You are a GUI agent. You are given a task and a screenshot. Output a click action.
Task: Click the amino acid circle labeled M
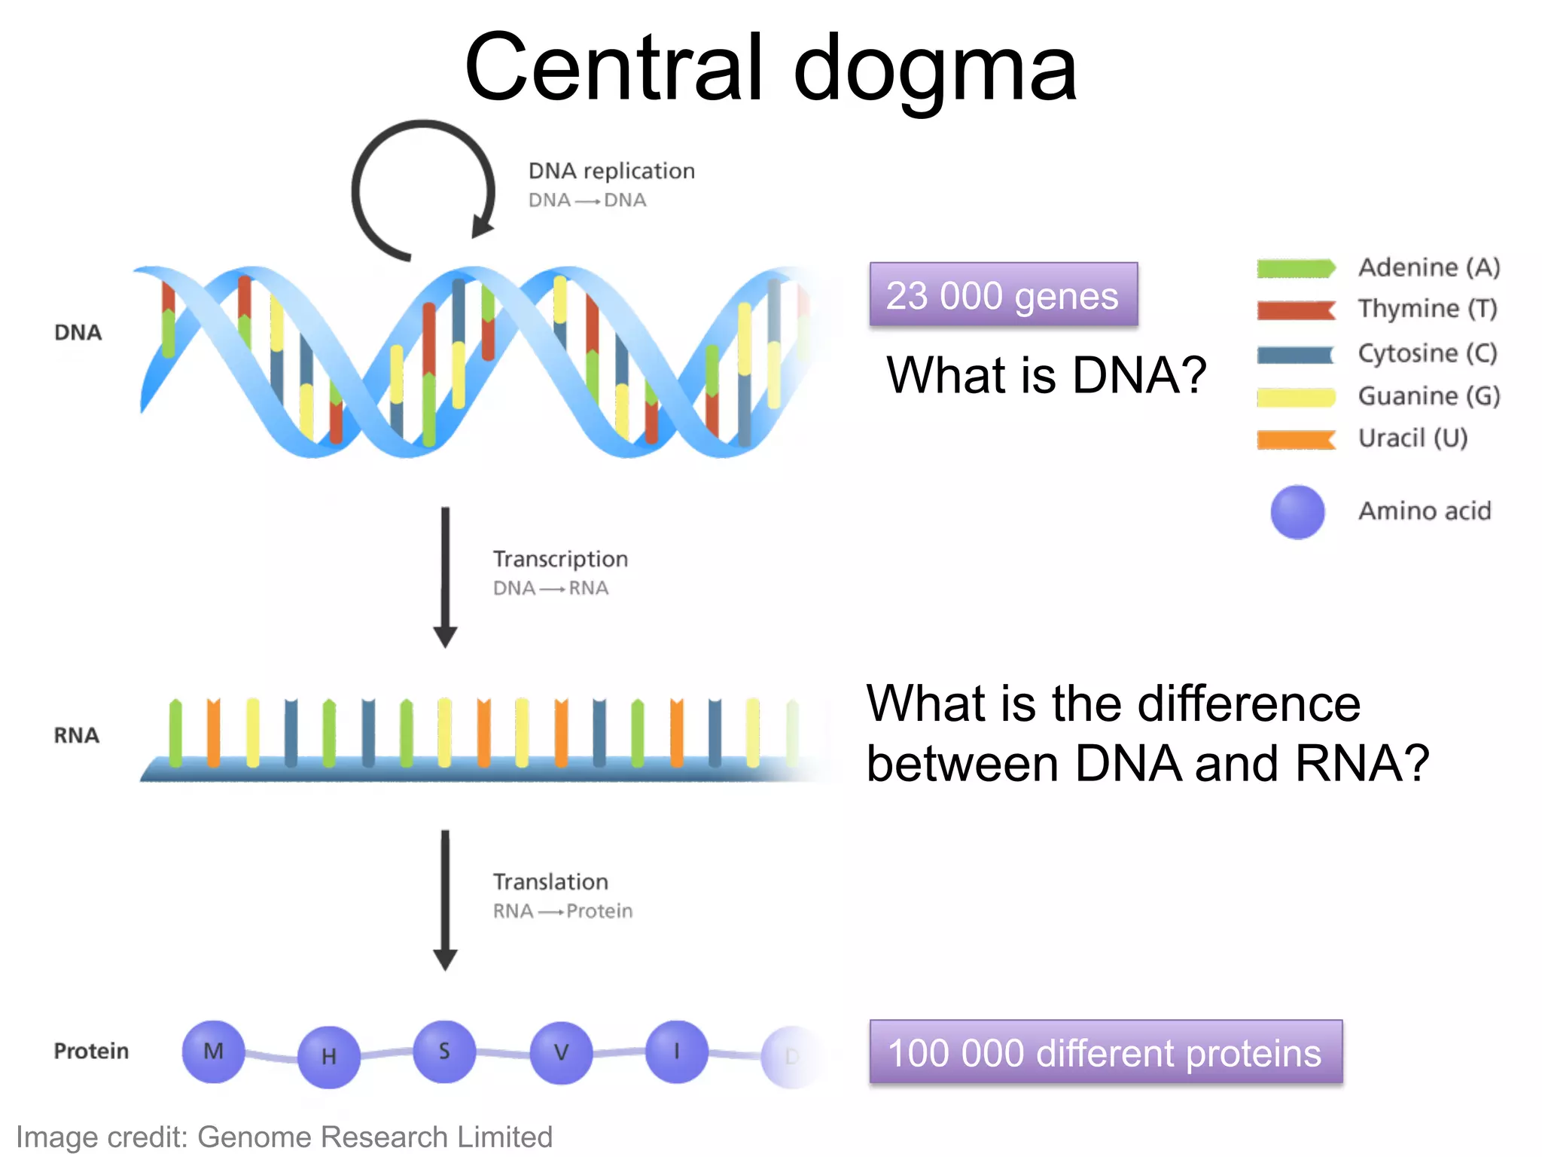[213, 1052]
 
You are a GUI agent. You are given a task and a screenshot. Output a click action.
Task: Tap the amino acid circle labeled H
[329, 1057]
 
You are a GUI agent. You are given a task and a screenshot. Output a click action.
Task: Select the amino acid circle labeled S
[444, 1052]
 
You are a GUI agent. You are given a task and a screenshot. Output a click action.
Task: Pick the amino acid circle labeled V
[561, 1052]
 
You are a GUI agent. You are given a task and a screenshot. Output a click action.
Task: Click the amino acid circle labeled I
[676, 1052]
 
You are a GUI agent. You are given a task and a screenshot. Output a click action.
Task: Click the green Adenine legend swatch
[1296, 268]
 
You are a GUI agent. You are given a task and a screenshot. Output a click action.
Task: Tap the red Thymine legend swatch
[1296, 310]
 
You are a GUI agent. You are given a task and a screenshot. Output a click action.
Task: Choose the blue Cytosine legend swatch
[1295, 354]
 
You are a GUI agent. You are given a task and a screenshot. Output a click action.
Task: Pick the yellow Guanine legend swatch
[1296, 397]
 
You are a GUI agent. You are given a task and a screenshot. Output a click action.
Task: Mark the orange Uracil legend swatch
[1296, 439]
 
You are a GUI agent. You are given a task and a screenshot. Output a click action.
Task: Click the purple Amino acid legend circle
[1297, 512]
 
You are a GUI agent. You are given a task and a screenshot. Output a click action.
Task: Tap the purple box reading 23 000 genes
[1003, 295]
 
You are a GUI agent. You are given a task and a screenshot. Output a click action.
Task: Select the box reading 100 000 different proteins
[1105, 1052]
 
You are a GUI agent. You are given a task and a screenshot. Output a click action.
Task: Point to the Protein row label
[91, 1051]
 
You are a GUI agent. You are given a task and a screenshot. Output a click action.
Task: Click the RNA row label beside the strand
[76, 735]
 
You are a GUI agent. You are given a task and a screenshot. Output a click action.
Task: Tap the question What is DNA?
[1047, 375]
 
